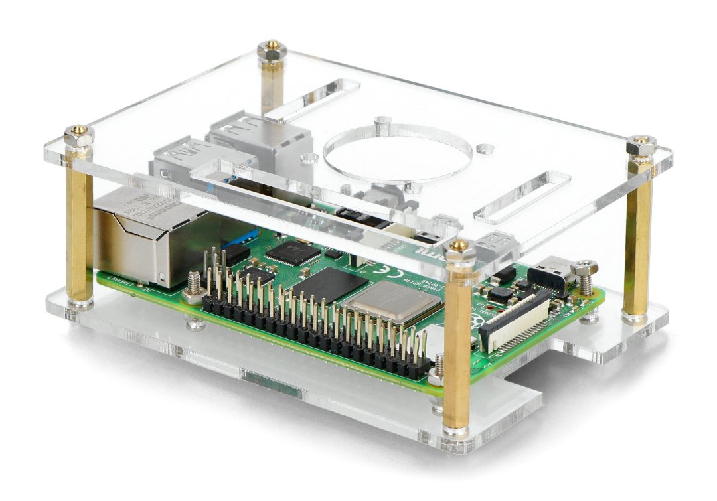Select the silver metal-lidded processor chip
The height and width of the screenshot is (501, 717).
coord(392,303)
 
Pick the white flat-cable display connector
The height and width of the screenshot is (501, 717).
coord(518,324)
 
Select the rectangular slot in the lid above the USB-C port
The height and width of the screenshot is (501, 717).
coord(522,196)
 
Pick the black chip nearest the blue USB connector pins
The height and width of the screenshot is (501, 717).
coord(292,252)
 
